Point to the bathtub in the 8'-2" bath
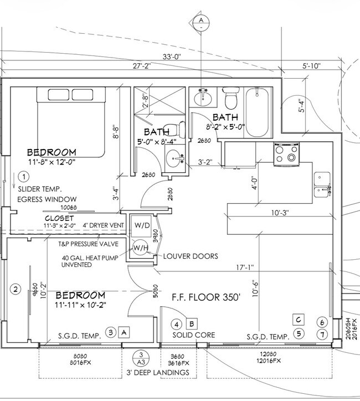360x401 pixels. point(258,112)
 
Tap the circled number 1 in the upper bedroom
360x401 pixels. point(23,177)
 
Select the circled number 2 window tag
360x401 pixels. point(16,289)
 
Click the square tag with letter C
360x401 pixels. point(298,319)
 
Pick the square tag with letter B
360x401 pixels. point(192,323)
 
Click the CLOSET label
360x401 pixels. point(59,218)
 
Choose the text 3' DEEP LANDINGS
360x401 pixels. point(157,372)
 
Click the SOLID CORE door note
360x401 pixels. point(194,336)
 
